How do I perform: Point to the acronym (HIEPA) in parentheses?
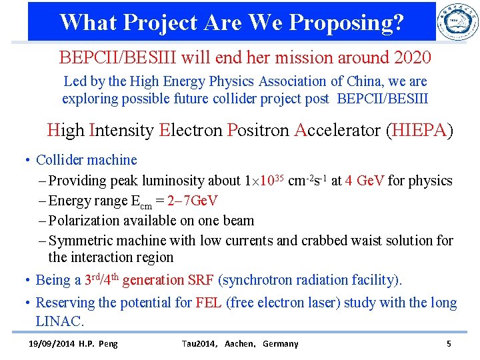(419, 129)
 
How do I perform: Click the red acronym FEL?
(209, 303)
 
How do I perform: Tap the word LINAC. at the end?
(60, 321)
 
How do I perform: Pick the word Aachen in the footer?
(240, 344)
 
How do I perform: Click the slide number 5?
(449, 344)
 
